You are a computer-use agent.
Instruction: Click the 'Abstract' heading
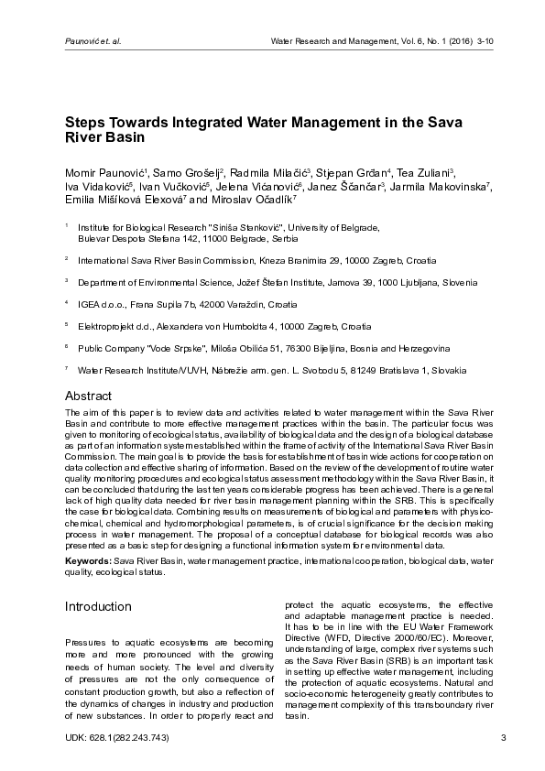coord(88,396)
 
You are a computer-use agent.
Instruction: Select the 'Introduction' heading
coord(98,606)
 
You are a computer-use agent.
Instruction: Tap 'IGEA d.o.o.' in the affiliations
coord(103,303)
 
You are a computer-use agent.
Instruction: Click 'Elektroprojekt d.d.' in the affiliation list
coord(117,325)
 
